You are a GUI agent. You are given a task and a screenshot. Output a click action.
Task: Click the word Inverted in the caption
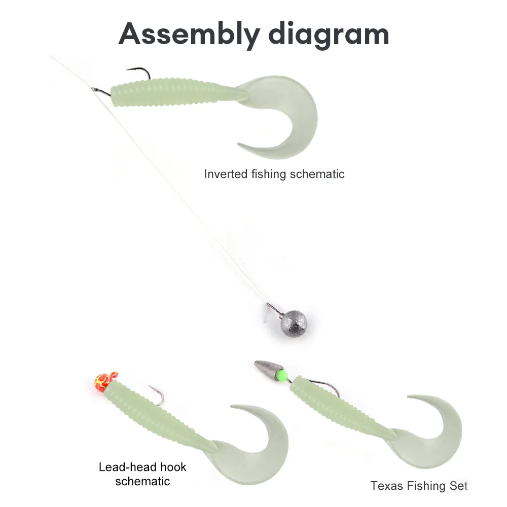226,174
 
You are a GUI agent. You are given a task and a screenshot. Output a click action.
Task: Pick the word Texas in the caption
387,486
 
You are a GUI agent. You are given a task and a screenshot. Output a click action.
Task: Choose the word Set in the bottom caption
457,486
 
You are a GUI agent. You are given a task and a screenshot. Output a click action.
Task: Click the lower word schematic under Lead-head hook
142,481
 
